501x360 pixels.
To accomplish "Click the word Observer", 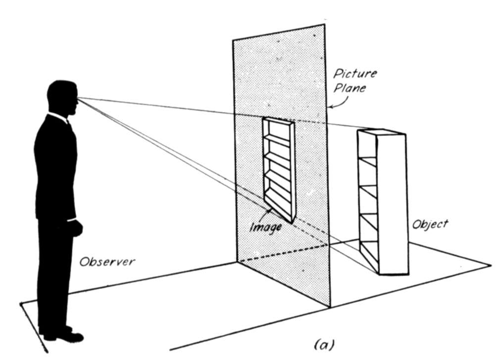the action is [107, 262].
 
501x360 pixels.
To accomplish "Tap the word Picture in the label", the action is [355, 74].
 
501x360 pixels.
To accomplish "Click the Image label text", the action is [266, 227].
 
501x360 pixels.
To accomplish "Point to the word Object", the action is [430, 224].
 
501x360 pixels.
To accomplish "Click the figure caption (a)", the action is [324, 345].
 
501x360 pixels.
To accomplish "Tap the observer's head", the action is [62, 98].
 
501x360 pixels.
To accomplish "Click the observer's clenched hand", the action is [75, 228].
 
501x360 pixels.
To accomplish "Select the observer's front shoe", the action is [64, 337].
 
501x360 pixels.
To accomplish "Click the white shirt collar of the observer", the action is [58, 117].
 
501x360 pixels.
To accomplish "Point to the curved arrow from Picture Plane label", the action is [339, 102].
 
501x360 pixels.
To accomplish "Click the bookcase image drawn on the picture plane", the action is [279, 169].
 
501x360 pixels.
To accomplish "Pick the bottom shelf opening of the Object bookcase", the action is [369, 256].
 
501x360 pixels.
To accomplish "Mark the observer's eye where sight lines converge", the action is [77, 98].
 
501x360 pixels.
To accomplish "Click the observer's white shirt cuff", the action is [71, 220].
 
